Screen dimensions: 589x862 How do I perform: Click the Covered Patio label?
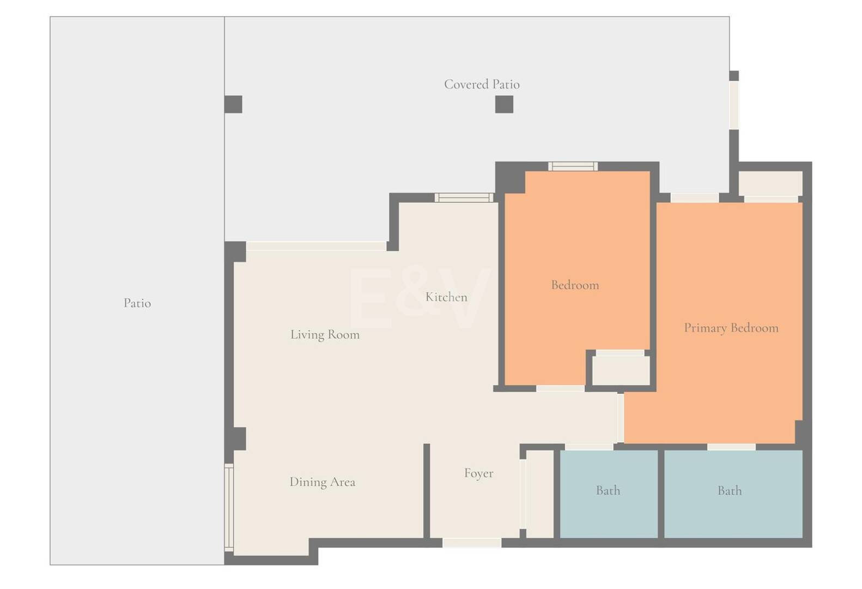(482, 85)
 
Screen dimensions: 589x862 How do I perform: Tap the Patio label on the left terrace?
(137, 303)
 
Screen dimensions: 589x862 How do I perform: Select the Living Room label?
(325, 335)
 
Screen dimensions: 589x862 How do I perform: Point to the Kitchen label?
(446, 297)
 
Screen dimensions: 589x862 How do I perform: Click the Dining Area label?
(322, 482)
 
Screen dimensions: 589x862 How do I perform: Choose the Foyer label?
(478, 473)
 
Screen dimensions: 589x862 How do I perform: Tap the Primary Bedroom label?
(731, 328)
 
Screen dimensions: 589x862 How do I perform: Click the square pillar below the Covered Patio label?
(504, 104)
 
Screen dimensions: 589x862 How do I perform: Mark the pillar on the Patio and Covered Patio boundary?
(233, 104)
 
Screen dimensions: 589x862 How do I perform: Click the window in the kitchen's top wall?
(464, 197)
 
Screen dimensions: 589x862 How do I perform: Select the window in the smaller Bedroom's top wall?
(573, 166)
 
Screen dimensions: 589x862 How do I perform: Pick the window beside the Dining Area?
(229, 507)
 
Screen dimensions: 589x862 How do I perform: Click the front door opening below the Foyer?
(471, 543)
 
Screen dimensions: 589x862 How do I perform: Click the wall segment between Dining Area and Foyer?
(427, 491)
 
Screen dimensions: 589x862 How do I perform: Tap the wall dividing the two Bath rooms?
(661, 494)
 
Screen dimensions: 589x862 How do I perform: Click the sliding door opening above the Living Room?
(316, 247)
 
